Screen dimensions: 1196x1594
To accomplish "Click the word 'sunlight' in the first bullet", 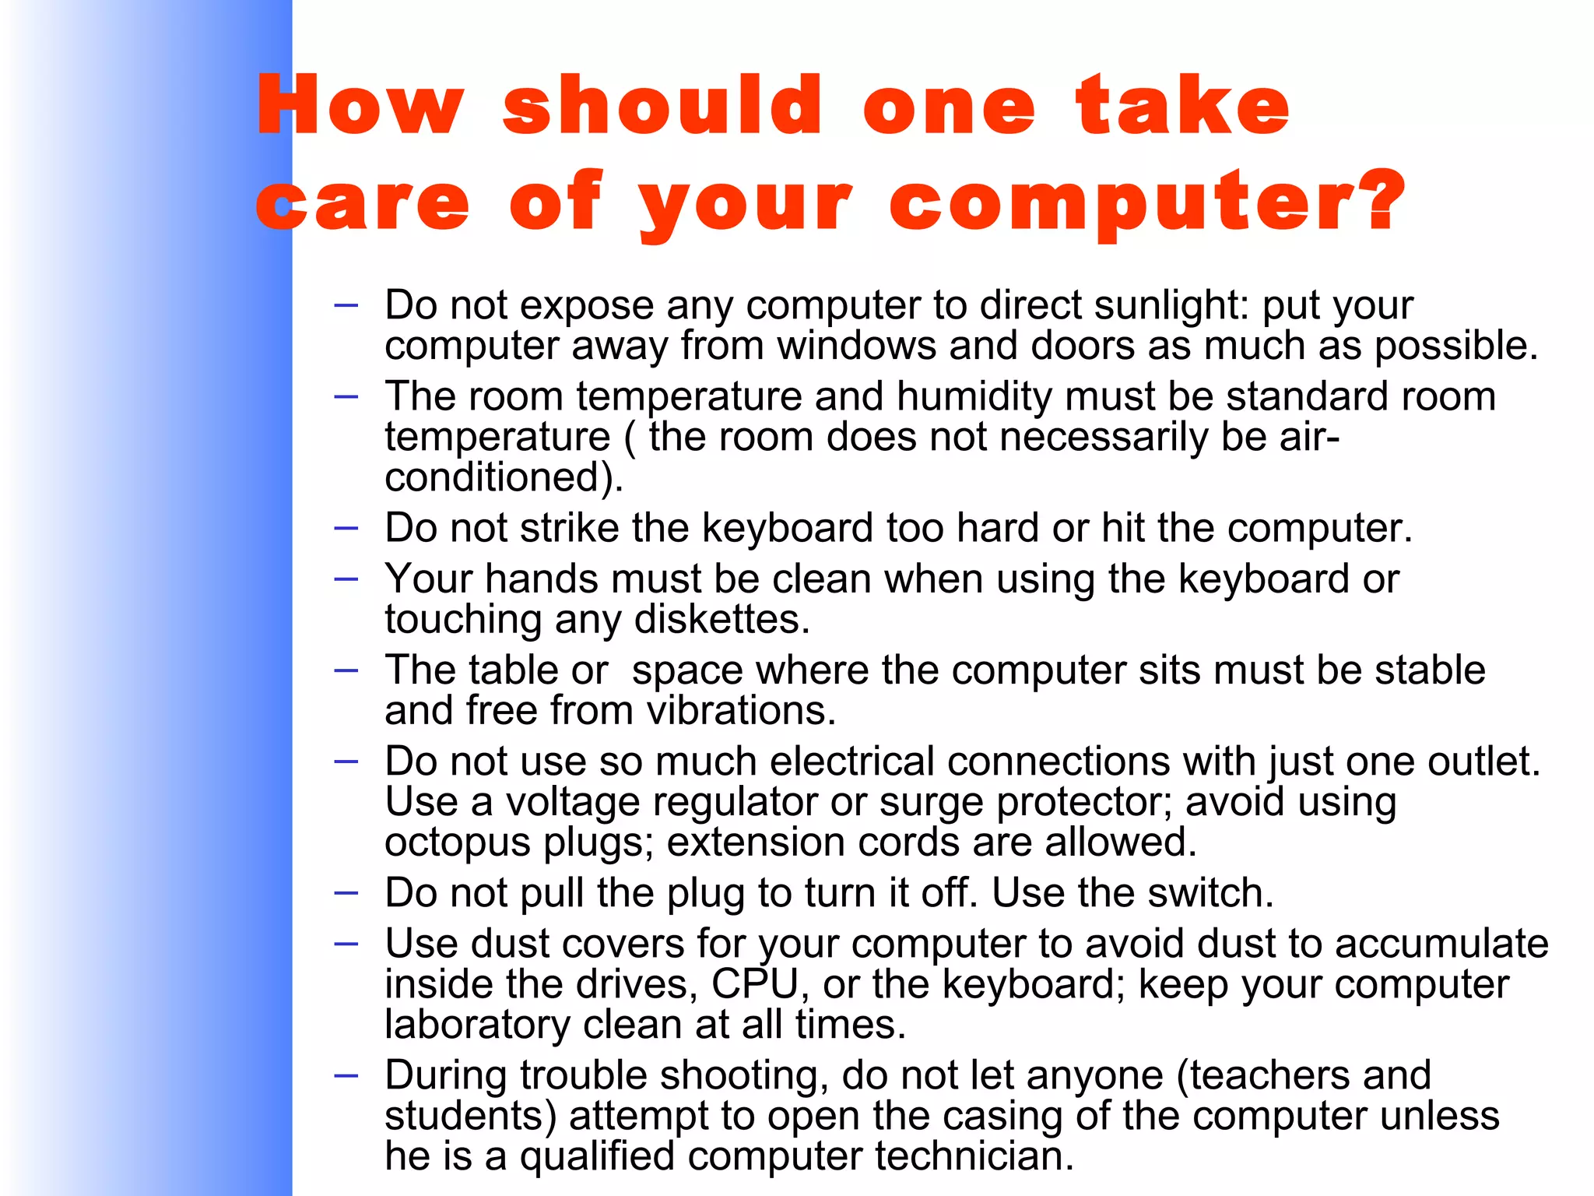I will (x=1170, y=305).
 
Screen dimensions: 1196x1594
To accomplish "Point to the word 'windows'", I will (x=856, y=346).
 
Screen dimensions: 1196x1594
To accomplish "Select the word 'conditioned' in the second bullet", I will (x=498, y=477).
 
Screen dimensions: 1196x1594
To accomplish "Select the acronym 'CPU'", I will (x=755, y=984).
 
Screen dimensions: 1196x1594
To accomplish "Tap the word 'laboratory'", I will (x=477, y=1025).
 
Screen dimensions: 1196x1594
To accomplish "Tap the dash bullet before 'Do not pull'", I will (x=346, y=893).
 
